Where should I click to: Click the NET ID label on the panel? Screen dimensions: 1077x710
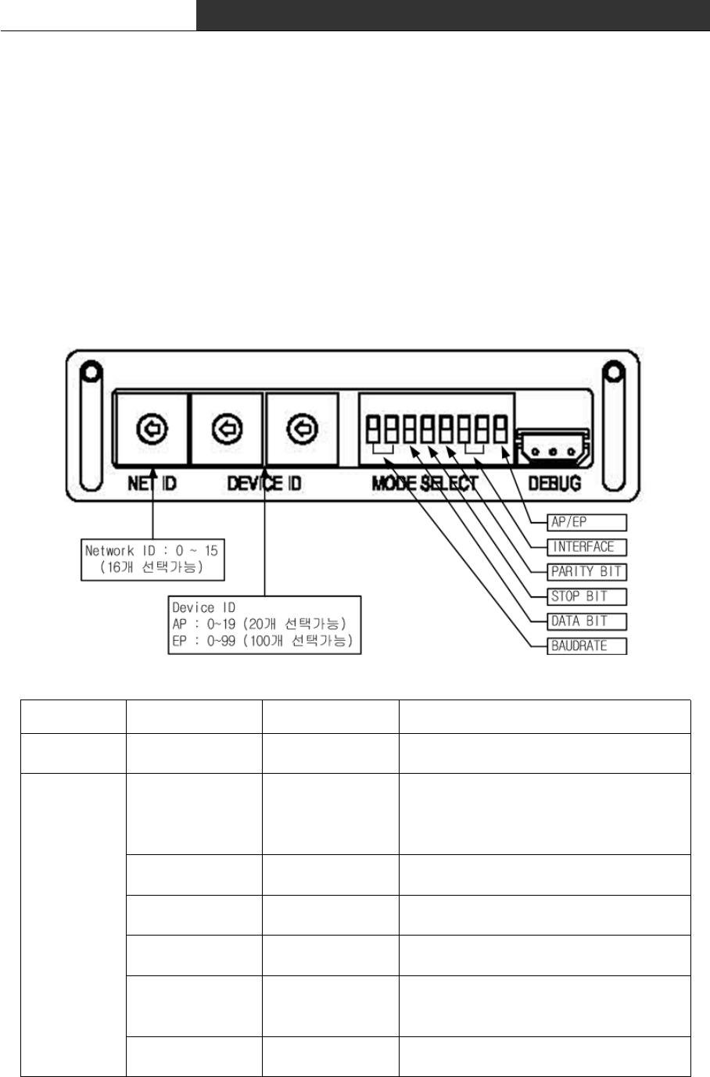152,484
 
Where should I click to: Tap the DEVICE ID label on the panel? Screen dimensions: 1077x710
264,484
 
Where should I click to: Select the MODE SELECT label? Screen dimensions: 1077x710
424,484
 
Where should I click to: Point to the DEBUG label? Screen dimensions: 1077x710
554,484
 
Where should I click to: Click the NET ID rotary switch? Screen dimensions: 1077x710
152,428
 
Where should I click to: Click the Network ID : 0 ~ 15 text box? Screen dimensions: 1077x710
152,559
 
